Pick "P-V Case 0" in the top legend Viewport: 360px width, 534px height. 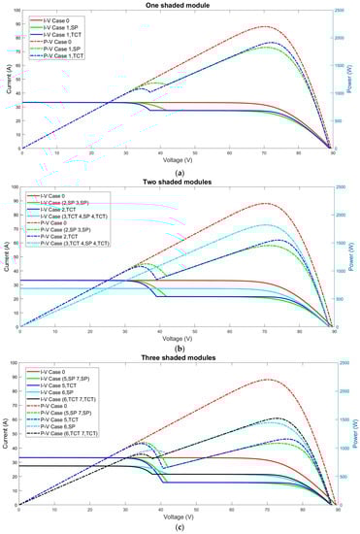click(57, 37)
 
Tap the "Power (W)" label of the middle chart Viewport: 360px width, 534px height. click(353, 262)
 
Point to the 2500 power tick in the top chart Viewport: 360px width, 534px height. click(339, 13)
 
